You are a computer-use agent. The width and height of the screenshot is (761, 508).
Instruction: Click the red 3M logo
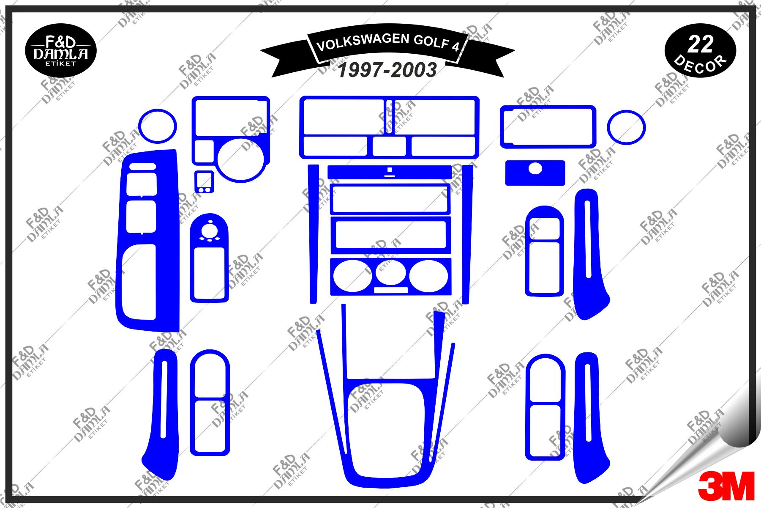tap(726, 486)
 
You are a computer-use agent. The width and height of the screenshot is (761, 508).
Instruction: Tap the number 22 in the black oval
tap(700, 44)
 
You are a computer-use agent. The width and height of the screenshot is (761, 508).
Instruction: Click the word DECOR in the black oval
tap(700, 64)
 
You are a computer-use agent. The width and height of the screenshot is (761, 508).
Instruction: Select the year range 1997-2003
tap(387, 70)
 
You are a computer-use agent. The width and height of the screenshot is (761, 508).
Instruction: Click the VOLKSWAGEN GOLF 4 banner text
tap(387, 42)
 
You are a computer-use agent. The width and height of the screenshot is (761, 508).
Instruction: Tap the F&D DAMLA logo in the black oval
tap(61, 51)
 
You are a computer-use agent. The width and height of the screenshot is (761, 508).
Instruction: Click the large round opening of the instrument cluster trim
tap(240, 159)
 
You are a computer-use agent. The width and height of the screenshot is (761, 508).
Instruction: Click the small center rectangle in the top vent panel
tap(389, 146)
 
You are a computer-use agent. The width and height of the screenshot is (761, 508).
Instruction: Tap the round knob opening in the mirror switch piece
tap(210, 231)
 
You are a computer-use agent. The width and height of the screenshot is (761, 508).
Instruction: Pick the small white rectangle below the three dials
tap(391, 290)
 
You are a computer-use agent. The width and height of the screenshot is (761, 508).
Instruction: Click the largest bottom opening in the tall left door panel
tap(139, 282)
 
